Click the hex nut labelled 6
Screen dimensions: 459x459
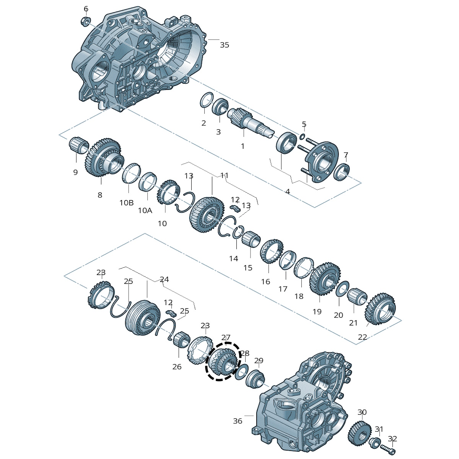coord(86,21)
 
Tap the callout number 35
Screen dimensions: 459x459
coord(225,45)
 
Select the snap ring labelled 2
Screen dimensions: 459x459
coord(206,101)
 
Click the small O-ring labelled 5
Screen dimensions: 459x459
coord(302,136)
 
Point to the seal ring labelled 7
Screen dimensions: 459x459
coord(341,172)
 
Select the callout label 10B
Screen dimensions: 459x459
coord(126,203)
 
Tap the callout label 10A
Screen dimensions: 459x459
coord(145,210)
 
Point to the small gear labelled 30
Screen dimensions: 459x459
coord(360,433)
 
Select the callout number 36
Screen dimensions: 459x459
coord(238,421)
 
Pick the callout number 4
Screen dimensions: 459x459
coord(288,192)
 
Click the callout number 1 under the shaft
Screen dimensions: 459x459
coord(243,146)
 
